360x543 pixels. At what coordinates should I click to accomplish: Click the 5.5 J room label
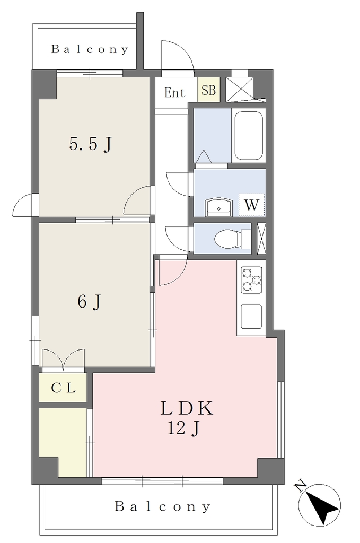point(91,144)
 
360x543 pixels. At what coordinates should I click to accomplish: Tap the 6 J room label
point(89,301)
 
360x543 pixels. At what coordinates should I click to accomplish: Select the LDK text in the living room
point(187,409)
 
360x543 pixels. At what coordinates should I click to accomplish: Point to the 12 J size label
point(183,428)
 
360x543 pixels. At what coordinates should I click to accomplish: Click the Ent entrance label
point(175,93)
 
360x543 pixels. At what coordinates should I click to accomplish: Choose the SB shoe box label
point(208,90)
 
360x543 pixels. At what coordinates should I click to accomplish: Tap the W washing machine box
point(252,205)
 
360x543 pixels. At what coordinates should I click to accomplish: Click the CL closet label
point(63,388)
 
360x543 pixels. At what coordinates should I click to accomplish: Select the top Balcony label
point(90,49)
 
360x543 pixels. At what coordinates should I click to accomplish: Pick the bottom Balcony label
point(162,506)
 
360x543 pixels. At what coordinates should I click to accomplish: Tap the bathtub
point(249,135)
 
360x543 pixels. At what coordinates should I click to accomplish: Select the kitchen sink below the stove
point(251,317)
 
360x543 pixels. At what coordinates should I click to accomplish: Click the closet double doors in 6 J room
point(63,358)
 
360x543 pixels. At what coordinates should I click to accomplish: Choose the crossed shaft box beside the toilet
point(261,238)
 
